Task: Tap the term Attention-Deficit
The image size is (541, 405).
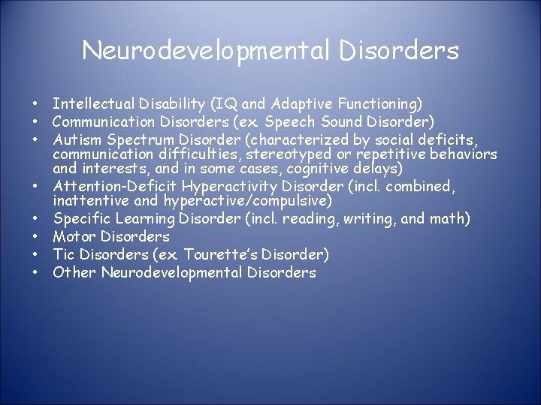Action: (112, 187)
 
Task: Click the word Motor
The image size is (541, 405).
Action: (74, 236)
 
